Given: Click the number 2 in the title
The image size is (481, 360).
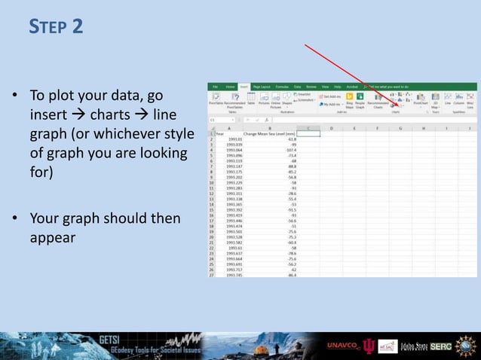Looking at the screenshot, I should [x=78, y=27].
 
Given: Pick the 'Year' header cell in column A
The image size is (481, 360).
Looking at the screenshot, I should [x=220, y=133].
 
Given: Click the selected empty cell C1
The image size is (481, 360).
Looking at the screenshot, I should [x=309, y=133].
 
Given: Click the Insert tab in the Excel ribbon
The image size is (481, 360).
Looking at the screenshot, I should [x=244, y=87].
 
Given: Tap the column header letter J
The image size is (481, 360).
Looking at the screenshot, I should [x=469, y=128].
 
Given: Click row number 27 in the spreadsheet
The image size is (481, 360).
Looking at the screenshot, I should [x=212, y=276].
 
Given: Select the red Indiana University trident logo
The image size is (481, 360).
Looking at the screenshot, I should [x=369, y=346].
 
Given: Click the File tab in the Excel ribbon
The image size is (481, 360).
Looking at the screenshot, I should [x=215, y=87].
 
